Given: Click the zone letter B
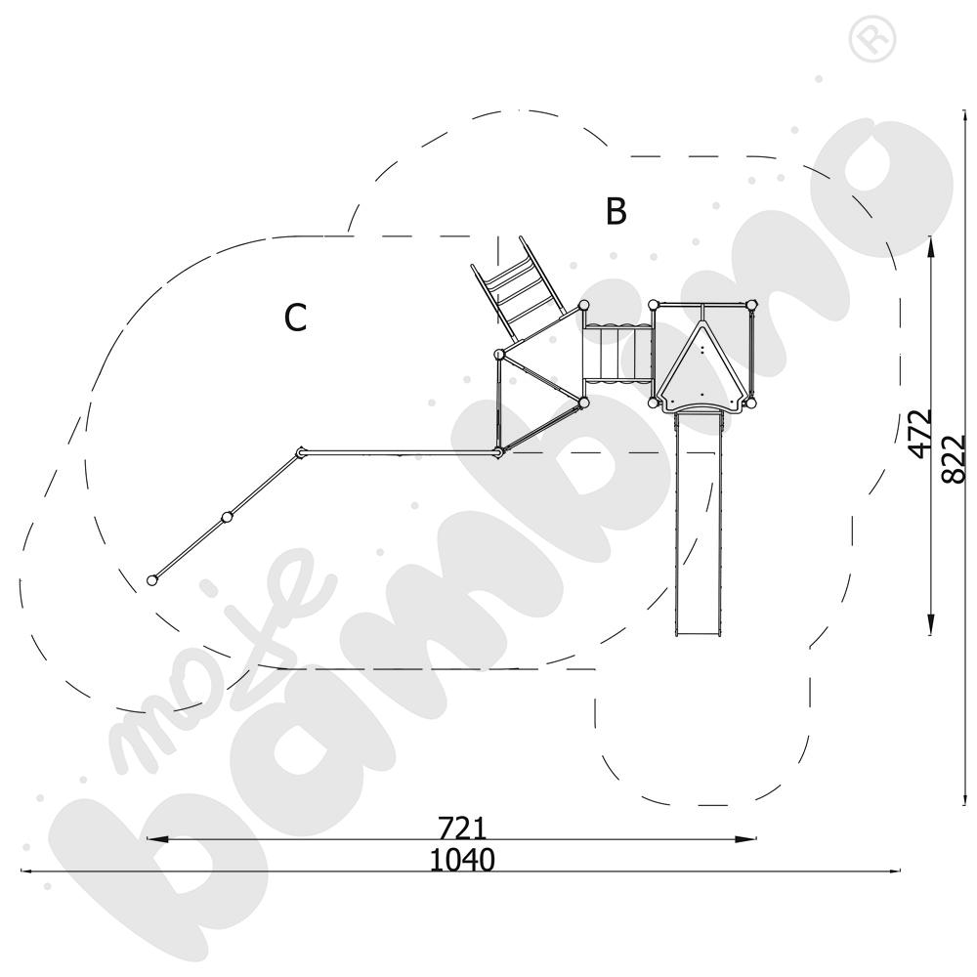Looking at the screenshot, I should (615, 210).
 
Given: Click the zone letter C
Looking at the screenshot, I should (296, 318).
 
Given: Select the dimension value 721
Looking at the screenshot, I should (462, 828).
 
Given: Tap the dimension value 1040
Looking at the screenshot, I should (462, 860).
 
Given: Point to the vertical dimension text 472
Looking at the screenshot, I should (919, 434).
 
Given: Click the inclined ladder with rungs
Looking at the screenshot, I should (516, 286).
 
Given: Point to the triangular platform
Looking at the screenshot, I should (539, 376).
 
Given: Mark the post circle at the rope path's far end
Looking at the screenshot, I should (151, 580).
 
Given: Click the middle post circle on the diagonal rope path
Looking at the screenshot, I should (227, 516).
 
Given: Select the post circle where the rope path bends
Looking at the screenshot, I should (301, 452).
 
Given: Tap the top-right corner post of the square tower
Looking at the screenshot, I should (751, 306).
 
